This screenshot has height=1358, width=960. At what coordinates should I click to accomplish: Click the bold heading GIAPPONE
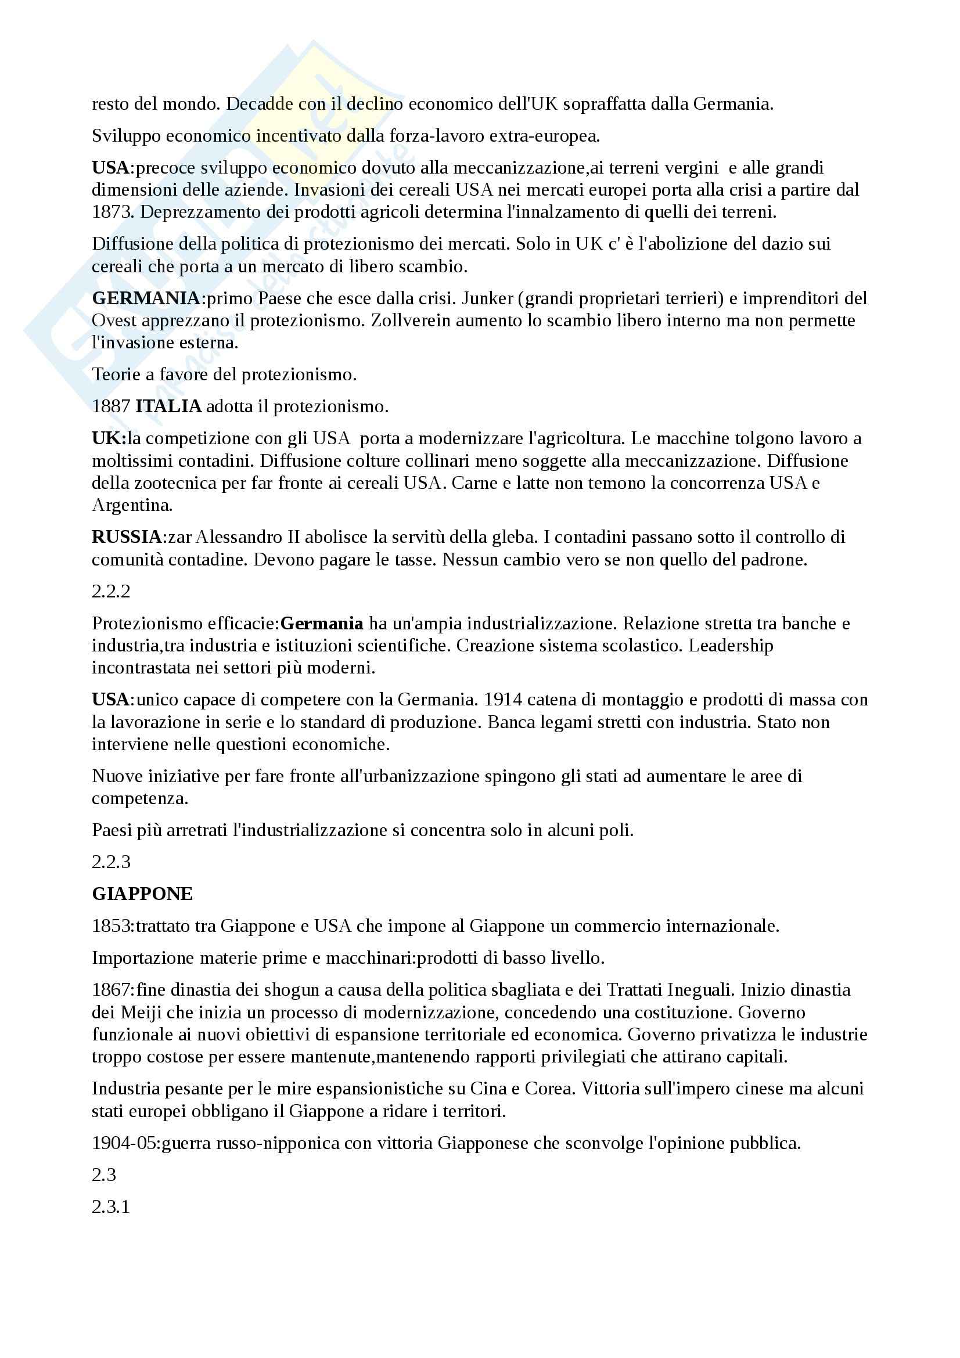(142, 894)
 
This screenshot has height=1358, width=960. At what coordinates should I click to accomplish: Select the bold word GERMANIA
(146, 298)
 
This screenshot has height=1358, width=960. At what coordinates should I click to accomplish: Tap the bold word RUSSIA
(127, 537)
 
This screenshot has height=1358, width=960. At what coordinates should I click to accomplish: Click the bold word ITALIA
(168, 407)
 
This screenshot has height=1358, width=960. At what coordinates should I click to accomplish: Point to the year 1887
(111, 407)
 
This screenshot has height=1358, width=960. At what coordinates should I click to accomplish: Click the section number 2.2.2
(110, 592)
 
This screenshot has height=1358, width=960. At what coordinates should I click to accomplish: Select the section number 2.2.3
(110, 862)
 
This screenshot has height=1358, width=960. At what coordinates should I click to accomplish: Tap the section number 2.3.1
(110, 1206)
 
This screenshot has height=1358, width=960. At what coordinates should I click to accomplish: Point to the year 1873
(111, 212)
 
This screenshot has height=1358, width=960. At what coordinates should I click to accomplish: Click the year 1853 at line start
(111, 925)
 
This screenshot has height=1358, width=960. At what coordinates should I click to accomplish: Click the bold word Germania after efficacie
(322, 624)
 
